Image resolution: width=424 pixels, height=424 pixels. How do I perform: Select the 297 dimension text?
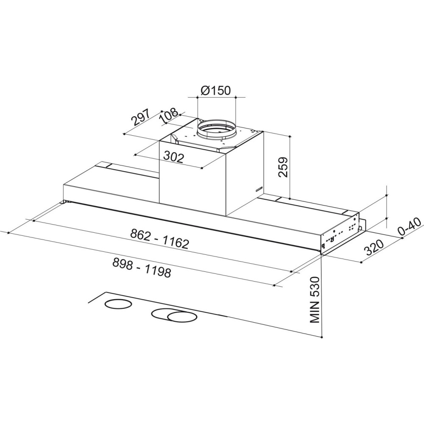coord(140,117)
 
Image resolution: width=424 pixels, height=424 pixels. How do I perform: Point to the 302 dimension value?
coord(174,157)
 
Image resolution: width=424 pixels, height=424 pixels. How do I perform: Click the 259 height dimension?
coord(283,167)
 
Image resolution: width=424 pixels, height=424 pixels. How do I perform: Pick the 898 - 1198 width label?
coord(142,268)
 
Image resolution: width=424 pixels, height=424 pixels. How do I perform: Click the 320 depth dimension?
coord(374,248)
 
